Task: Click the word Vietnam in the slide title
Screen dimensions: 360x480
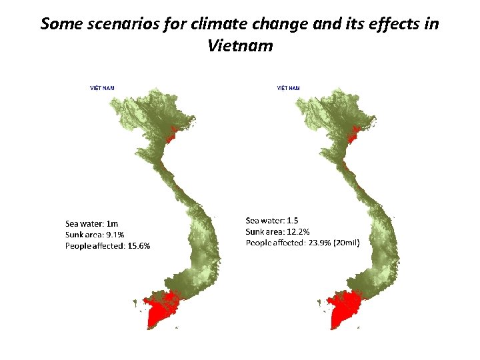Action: [x=240, y=47]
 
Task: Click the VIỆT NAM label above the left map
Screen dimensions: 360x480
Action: [x=102, y=87]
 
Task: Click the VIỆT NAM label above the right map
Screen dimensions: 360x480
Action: [x=288, y=87]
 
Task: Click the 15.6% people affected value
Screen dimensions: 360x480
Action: [x=137, y=246]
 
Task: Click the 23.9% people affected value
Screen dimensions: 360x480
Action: [x=319, y=243]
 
